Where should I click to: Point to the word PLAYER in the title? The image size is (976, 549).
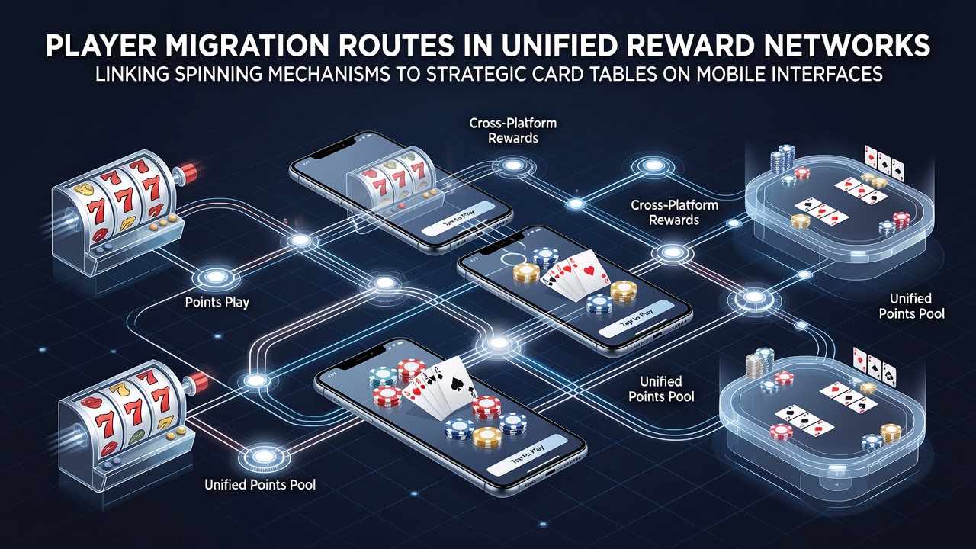coord(98,45)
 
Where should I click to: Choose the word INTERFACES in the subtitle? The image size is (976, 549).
coord(822,75)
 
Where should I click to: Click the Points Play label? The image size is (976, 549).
coord(217,303)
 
